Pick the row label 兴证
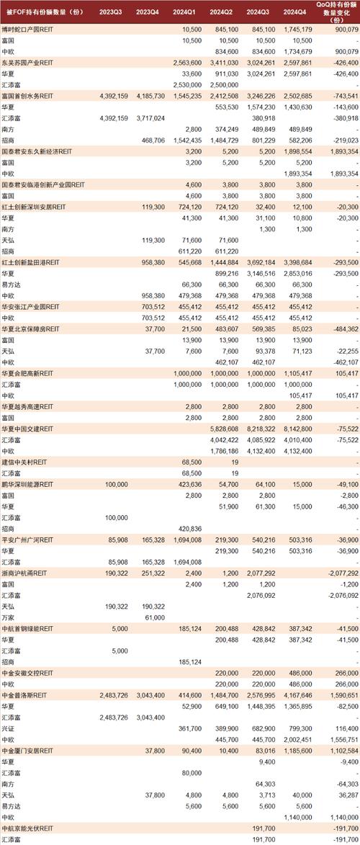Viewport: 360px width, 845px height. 11,729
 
